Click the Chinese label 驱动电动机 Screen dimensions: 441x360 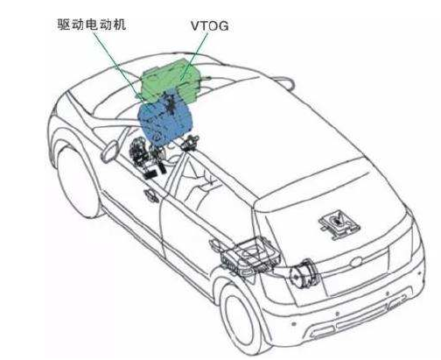(92, 25)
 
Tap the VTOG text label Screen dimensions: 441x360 (210, 26)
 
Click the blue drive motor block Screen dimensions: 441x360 (165, 121)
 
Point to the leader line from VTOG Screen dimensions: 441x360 (194, 55)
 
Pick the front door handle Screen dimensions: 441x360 (151, 195)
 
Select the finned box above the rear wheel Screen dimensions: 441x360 (250, 256)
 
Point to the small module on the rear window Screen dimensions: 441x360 (339, 223)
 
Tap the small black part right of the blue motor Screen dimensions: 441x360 (190, 143)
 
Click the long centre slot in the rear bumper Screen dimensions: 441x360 (364, 319)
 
